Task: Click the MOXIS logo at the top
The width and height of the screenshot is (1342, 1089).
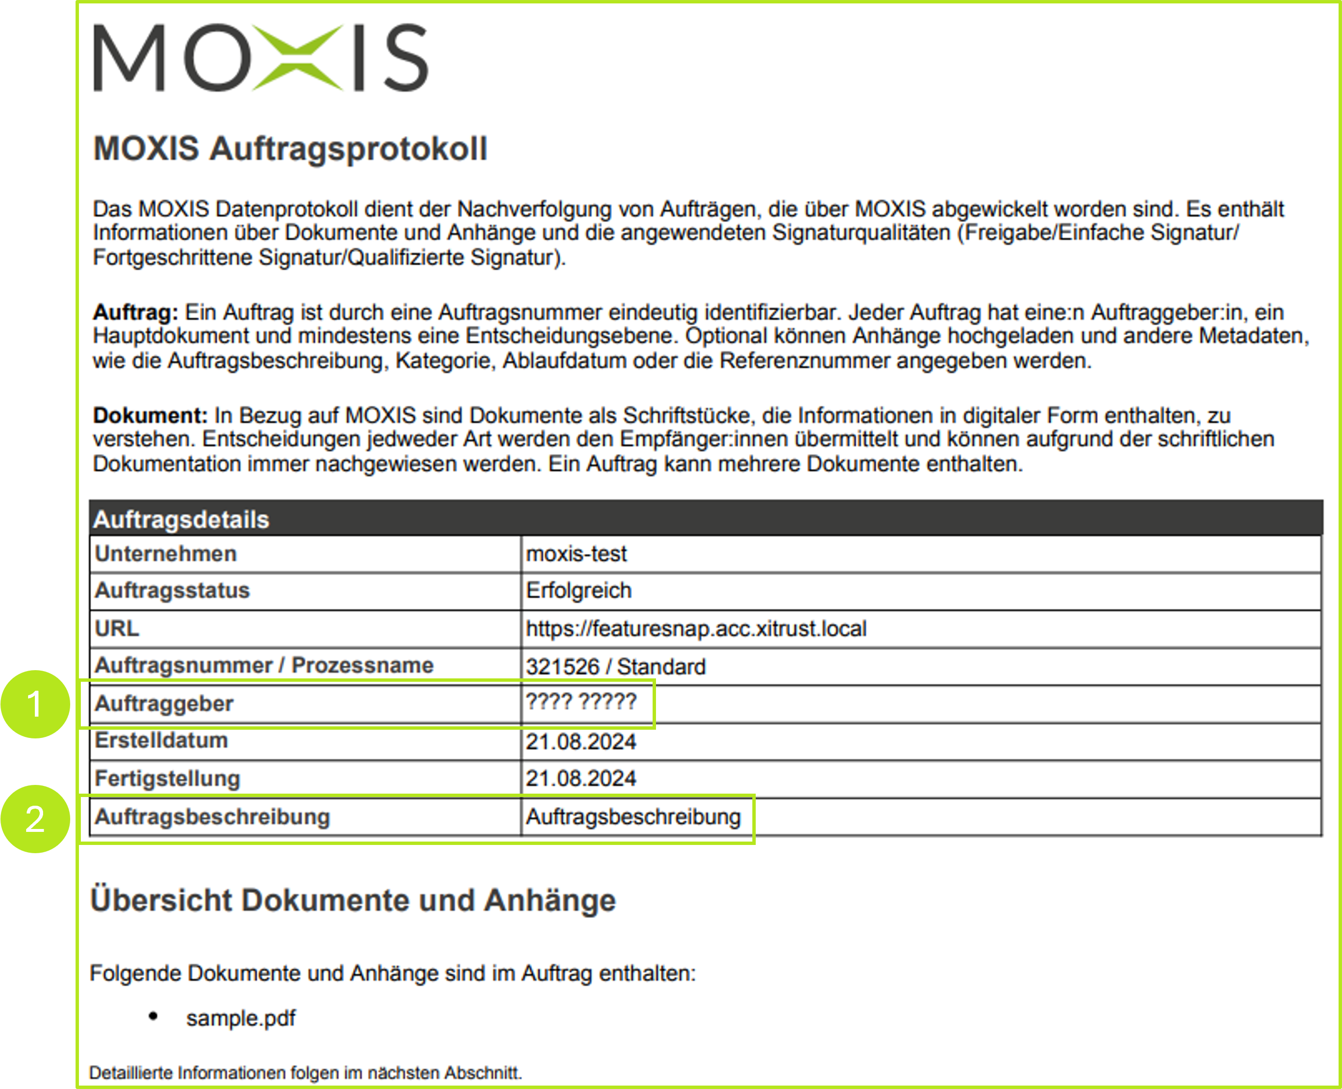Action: (260, 58)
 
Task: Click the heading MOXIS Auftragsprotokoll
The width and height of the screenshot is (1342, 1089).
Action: (290, 149)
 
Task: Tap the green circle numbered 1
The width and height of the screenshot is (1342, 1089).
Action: (35, 704)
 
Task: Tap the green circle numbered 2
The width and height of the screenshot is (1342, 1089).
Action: (35, 819)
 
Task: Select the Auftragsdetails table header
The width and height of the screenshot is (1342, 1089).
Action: (181, 520)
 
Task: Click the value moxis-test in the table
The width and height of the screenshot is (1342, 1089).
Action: (576, 554)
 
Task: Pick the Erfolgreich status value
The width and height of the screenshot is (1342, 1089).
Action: (578, 591)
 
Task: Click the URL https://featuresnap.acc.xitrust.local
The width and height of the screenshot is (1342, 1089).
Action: (696, 629)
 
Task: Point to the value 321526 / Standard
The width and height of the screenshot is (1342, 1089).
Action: (615, 666)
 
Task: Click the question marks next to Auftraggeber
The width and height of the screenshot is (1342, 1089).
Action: (580, 701)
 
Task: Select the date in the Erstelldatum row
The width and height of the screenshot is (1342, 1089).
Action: (580, 741)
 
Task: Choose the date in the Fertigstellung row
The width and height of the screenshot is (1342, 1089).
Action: (580, 779)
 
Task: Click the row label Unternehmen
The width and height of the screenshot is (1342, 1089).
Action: (166, 554)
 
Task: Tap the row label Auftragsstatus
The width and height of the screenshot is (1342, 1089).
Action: (172, 591)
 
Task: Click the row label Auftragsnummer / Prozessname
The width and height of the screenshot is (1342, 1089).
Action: (263, 666)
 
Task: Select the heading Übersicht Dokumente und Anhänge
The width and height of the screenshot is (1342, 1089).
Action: (352, 900)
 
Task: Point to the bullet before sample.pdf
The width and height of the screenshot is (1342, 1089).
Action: (153, 1016)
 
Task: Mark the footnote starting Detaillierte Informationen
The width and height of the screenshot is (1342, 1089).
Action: (305, 1073)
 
